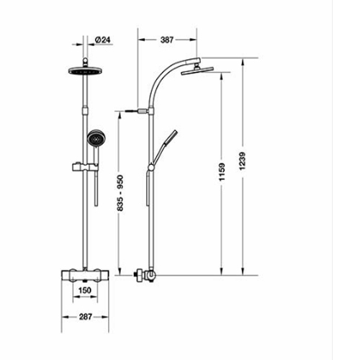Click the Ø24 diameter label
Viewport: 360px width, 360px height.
pyautogui.click(x=103, y=40)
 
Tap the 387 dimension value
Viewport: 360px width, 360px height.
pyautogui.click(x=167, y=40)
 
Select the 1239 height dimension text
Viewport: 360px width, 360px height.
pyautogui.click(x=243, y=161)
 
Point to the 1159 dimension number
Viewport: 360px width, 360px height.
pyautogui.click(x=222, y=172)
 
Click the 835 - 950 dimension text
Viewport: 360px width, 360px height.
pyautogui.click(x=120, y=193)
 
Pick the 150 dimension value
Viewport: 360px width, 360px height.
pyautogui.click(x=85, y=290)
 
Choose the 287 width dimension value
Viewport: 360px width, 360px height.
pyautogui.click(x=86, y=317)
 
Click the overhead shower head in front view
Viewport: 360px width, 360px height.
pyautogui.click(x=85, y=71)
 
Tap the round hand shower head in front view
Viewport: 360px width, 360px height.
pyautogui.click(x=96, y=139)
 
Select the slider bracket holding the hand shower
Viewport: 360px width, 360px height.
pyautogui.click(x=85, y=167)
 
